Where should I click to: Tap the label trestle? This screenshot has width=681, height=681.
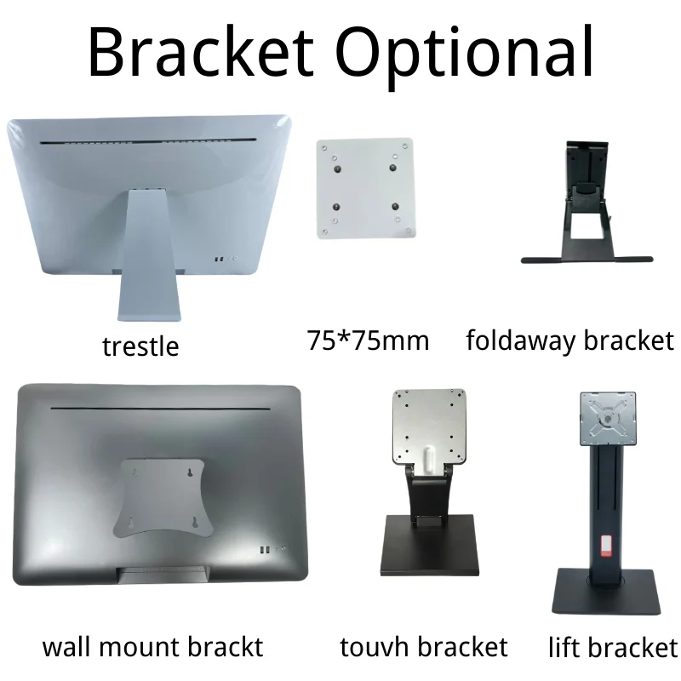click(140, 346)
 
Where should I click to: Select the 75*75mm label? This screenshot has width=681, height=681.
click(368, 341)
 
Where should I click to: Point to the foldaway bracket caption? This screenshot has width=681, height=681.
click(569, 340)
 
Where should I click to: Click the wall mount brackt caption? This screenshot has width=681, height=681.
click(153, 647)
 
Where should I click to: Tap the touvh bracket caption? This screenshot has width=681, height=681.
click(423, 647)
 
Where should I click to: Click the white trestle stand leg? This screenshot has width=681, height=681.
click(152, 255)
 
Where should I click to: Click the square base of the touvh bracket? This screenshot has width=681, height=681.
click(431, 545)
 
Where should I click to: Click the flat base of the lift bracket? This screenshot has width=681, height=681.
click(606, 592)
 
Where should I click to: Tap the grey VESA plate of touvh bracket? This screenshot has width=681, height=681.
click(429, 426)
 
